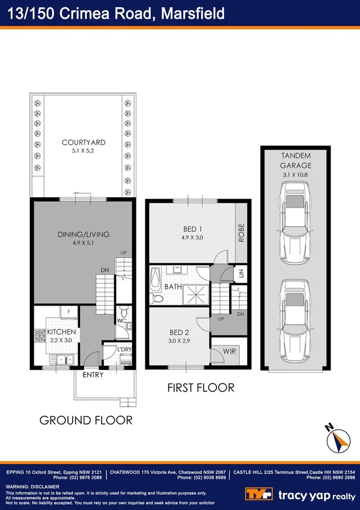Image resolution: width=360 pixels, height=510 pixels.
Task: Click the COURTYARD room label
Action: tap(84, 143)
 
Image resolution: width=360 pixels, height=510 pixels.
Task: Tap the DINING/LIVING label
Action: tap(84, 235)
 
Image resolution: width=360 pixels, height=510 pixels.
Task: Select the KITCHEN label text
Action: tap(62, 332)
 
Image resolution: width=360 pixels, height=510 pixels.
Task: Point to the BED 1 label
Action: tap(193, 229)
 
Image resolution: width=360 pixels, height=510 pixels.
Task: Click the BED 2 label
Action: tap(179, 333)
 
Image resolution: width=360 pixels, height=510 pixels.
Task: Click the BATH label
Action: tap(173, 287)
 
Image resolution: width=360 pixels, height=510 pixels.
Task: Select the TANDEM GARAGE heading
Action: tap(295, 159)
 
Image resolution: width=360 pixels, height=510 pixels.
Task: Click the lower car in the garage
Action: tap(294, 316)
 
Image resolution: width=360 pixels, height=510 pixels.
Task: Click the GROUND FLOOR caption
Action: tap(86, 419)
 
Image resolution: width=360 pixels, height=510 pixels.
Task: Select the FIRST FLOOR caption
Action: tap(200, 387)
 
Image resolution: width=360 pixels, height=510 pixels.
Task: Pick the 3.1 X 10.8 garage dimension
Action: tap(295, 175)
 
